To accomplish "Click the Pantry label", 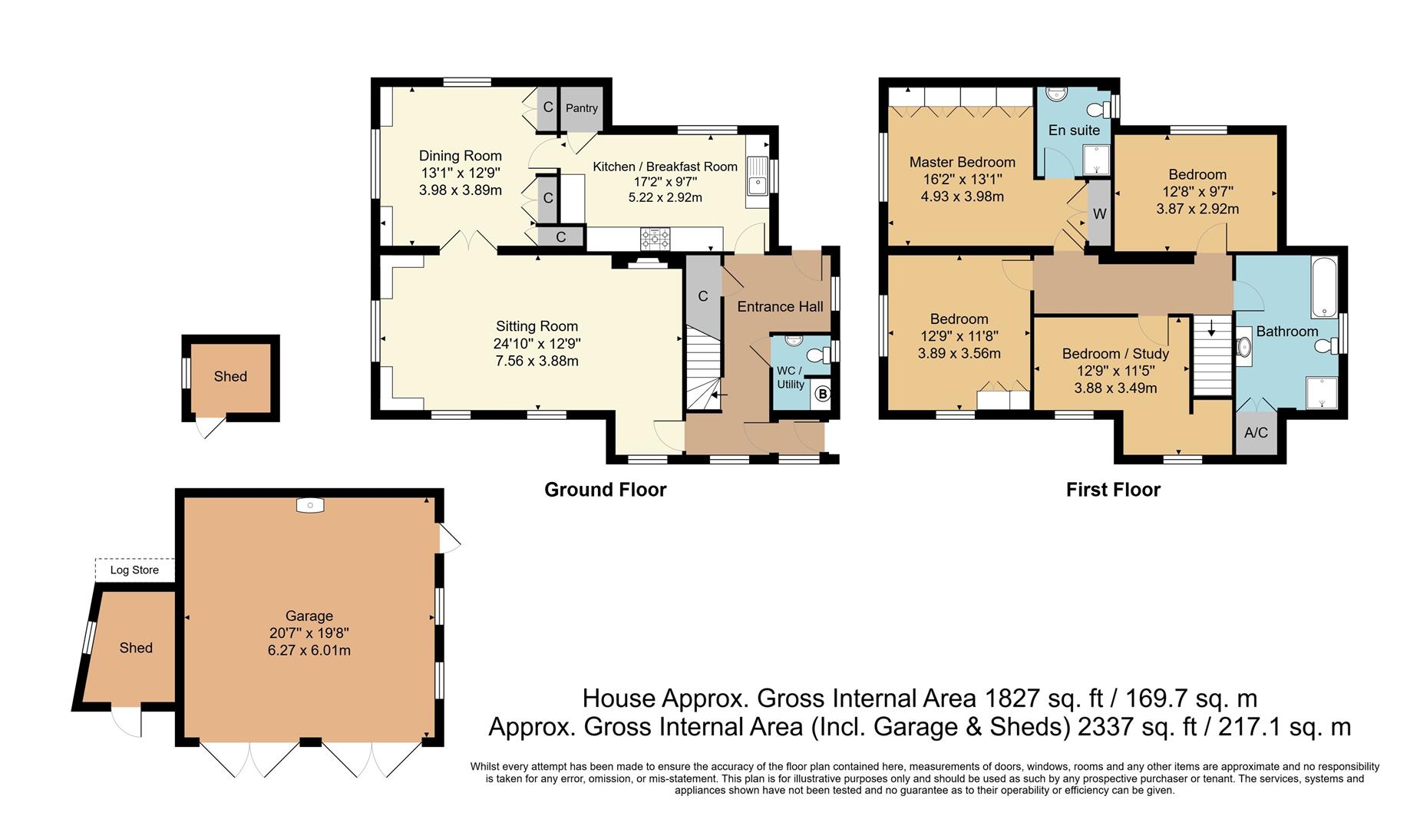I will pyautogui.click(x=581, y=108).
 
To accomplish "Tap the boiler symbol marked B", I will pyautogui.click(x=822, y=395).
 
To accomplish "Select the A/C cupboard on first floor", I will pyautogui.click(x=1256, y=433).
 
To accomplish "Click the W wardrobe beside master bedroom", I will pyautogui.click(x=1099, y=214).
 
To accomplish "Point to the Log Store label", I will pyautogui.click(x=134, y=570).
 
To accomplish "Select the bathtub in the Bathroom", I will pyautogui.click(x=1324, y=288).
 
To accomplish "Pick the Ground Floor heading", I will pyautogui.click(x=605, y=490).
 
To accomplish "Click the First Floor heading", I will pyautogui.click(x=1112, y=490).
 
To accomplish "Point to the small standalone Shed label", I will pyautogui.click(x=230, y=376).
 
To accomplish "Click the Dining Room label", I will pyautogui.click(x=460, y=156).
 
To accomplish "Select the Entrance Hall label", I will pyautogui.click(x=780, y=306).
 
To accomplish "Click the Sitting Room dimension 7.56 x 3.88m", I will pyautogui.click(x=537, y=361).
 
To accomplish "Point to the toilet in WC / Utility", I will pyautogui.click(x=819, y=355).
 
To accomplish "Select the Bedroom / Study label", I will pyautogui.click(x=1115, y=354).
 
